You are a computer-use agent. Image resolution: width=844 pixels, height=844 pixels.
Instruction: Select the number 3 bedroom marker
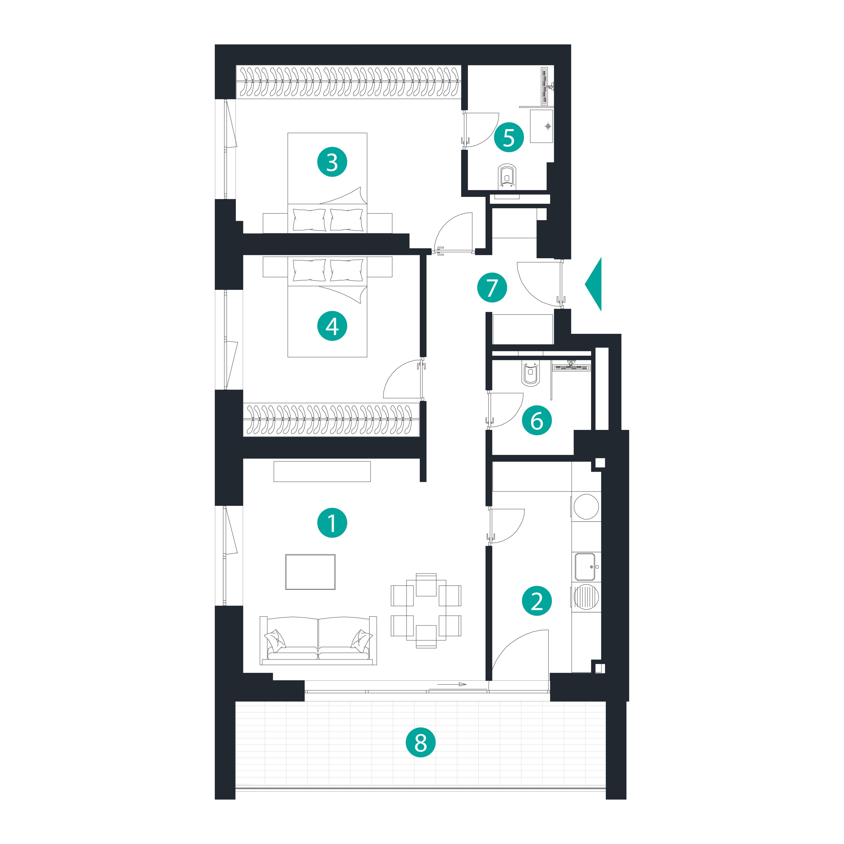tap(332, 162)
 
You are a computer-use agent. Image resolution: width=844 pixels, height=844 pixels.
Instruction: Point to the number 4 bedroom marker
tap(332, 326)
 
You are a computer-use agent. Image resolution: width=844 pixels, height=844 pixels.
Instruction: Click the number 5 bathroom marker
tap(509, 138)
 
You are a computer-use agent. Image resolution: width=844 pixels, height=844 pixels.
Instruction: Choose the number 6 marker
tap(537, 421)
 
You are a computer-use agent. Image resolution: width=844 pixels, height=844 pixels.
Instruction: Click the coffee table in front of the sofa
tap(311, 572)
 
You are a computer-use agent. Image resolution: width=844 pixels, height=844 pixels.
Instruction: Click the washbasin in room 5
tap(542, 126)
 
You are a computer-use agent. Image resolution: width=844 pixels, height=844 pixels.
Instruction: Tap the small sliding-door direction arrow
tap(452, 684)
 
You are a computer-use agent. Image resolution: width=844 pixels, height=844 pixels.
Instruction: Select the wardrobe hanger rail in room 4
tap(331, 419)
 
